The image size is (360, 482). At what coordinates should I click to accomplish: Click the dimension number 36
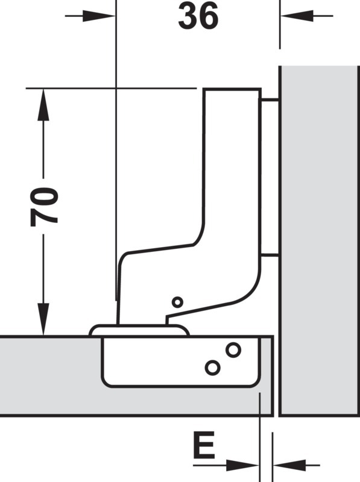[x=198, y=17]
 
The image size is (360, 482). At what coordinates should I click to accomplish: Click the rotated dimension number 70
[x=44, y=206]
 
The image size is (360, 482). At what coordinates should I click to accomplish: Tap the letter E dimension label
[x=204, y=445]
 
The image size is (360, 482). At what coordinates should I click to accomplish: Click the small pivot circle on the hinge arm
[x=177, y=302]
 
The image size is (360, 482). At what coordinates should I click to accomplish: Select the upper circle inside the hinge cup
[x=233, y=350]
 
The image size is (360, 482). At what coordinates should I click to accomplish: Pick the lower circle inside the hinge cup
[x=213, y=368]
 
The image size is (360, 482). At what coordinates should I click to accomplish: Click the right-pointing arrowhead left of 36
[x=99, y=16]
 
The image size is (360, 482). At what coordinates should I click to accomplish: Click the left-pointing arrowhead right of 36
[x=297, y=16]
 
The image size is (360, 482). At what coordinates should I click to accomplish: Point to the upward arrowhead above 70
[x=43, y=104]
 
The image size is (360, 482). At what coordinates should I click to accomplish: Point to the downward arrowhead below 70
[x=43, y=319]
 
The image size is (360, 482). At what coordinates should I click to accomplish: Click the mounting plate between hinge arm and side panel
[x=270, y=177]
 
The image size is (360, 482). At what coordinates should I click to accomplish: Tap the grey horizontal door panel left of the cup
[x=49, y=377]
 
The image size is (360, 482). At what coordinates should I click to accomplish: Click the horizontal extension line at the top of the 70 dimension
[x=112, y=89]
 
